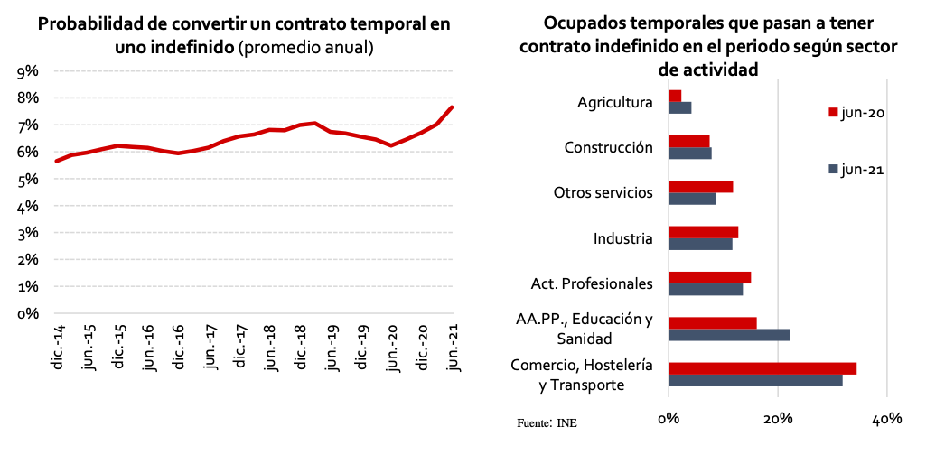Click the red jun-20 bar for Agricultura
tap(675, 96)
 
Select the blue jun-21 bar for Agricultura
tap(680, 108)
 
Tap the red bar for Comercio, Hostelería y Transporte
tap(762, 368)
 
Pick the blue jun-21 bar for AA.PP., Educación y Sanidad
tap(729, 335)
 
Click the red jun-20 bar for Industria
tap(704, 232)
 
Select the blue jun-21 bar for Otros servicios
tap(692, 199)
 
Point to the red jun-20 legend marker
tap(833, 113)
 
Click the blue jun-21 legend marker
tap(833, 169)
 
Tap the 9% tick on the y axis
tap(28, 70)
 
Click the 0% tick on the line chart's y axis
tap(28, 313)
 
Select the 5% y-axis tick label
tap(28, 179)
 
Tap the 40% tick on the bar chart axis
tap(887, 418)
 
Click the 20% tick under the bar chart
tap(778, 418)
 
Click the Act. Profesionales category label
tap(592, 283)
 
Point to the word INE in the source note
tap(567, 422)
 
